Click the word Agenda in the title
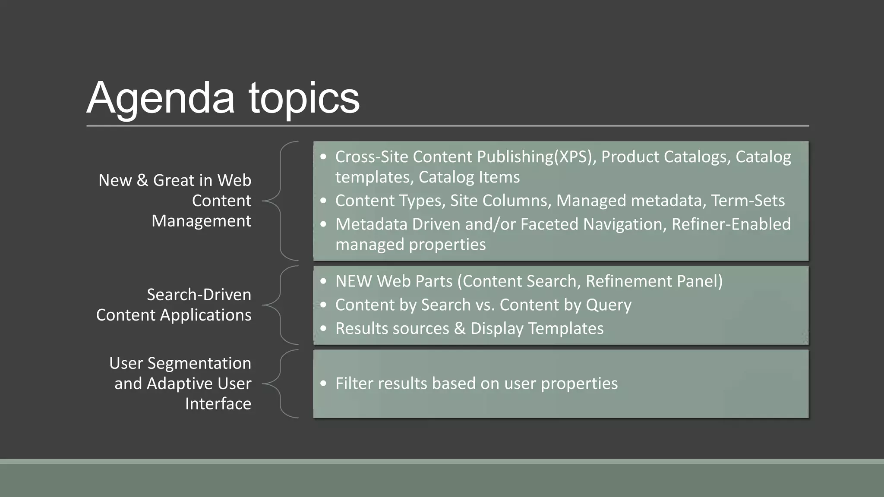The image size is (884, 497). (161, 98)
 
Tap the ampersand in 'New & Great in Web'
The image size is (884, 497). (142, 180)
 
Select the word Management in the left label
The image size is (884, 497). (201, 221)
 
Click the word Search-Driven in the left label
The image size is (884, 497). (199, 295)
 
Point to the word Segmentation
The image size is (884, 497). (199, 363)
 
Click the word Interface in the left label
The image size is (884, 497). (218, 404)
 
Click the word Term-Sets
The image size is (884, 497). (748, 201)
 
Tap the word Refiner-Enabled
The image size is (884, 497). (731, 224)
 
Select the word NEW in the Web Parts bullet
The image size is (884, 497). (353, 281)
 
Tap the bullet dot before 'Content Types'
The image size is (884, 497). (324, 201)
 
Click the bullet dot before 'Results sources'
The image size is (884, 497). (324, 329)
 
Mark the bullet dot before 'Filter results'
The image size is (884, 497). (324, 384)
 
